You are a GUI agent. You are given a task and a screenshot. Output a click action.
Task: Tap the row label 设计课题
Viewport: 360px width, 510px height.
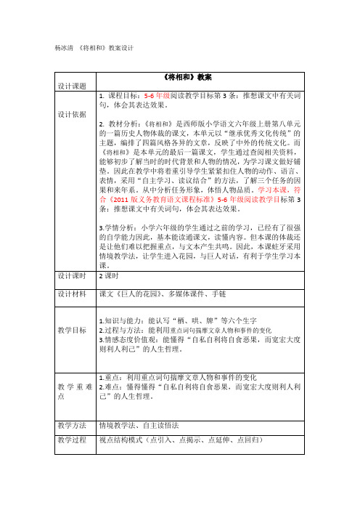(71, 84)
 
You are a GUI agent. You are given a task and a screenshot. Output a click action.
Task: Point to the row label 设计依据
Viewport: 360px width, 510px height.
(71, 115)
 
